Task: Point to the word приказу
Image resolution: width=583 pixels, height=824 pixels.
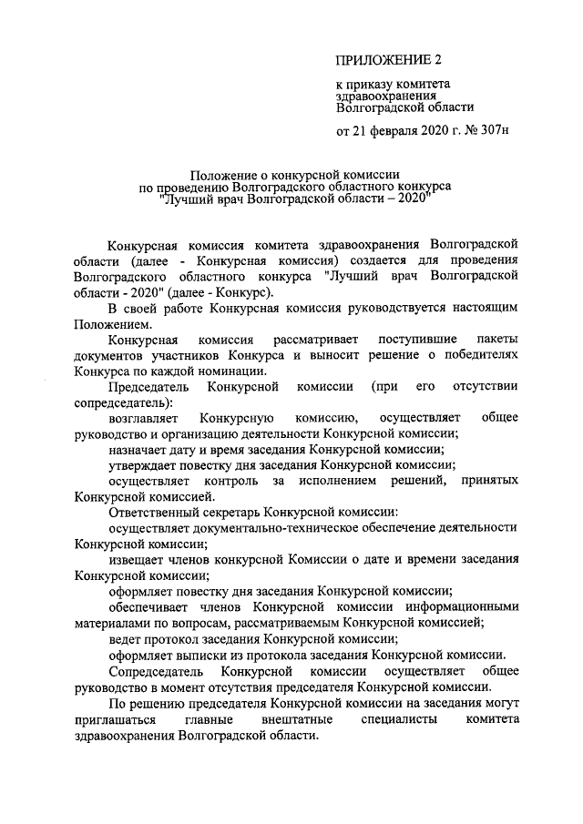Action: coord(372,84)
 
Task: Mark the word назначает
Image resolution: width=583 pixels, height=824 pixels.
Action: coord(139,450)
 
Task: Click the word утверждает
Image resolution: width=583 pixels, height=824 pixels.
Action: coord(141,465)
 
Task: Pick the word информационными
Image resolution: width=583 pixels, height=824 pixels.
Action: coord(464,606)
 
